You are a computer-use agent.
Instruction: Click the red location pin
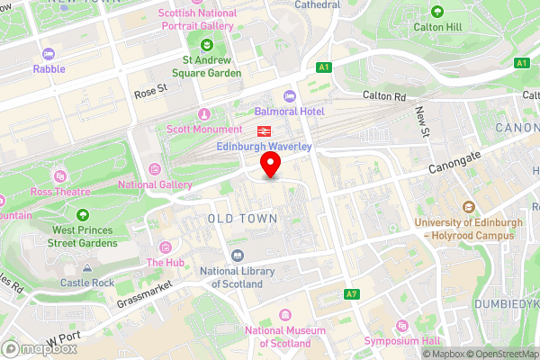pos(270,165)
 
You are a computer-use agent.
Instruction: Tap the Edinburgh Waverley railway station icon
pos(249,130)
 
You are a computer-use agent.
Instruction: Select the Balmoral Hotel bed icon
pos(289,96)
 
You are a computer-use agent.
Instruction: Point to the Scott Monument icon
pos(204,114)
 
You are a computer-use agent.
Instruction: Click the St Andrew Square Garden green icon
pos(207,45)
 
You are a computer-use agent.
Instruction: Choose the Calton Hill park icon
pos(437,12)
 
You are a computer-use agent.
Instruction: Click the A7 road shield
pos(352,294)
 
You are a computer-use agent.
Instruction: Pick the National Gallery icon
pos(155,168)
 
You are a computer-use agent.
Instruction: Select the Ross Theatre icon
pos(60,175)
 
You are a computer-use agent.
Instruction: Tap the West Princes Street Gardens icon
pos(83,215)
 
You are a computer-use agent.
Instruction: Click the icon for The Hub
pos(165,247)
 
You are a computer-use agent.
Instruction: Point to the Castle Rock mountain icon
pos(87,268)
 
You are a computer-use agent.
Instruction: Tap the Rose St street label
pos(151,91)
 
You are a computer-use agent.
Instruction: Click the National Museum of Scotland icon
pos(285,314)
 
